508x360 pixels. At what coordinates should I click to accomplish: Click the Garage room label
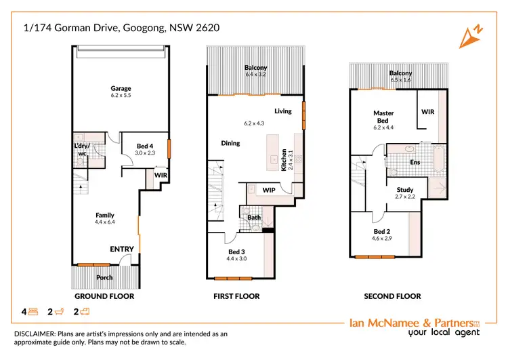[121, 88]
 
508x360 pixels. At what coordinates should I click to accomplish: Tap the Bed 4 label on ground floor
[145, 146]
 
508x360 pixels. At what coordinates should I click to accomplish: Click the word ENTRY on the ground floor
[122, 249]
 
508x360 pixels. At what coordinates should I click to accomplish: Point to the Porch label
[104, 277]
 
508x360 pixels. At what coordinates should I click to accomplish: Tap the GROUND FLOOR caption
[104, 296]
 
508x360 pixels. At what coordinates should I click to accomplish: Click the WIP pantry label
[269, 191]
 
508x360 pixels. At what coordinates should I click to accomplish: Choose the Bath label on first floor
[254, 218]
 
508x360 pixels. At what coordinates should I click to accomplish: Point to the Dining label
[231, 143]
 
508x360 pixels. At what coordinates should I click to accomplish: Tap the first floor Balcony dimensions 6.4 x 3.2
[256, 74]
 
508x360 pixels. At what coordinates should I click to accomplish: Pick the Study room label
[404, 190]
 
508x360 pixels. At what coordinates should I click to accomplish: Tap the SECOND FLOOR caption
[392, 296]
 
